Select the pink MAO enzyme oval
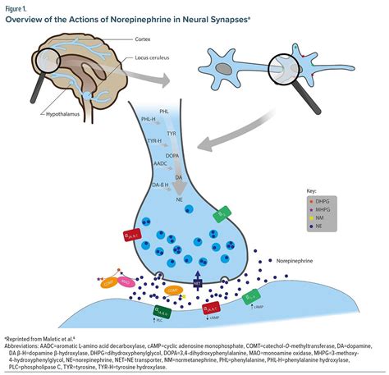click(129, 283)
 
